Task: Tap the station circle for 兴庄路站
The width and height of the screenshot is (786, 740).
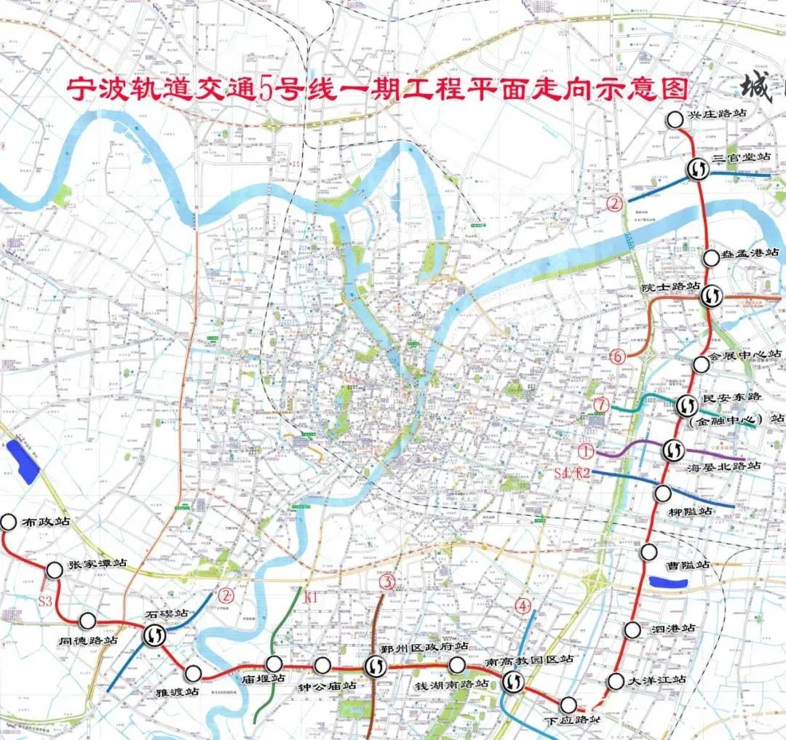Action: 675,119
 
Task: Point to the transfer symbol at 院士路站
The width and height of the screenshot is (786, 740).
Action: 711,295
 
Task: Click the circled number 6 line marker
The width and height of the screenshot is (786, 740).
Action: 618,357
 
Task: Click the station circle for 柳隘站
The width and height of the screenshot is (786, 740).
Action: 662,493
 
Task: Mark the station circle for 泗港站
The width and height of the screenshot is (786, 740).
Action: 632,630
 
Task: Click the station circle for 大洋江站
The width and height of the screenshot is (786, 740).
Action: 616,681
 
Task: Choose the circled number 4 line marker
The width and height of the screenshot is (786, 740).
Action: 522,604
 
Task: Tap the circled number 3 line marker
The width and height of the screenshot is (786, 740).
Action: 386,581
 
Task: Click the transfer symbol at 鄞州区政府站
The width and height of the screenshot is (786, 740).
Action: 375,666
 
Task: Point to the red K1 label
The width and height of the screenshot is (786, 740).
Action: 311,599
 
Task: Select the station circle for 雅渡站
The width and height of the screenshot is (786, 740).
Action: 193,672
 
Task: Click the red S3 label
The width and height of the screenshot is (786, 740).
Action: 46,601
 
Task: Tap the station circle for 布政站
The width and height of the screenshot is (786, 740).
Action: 8,522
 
